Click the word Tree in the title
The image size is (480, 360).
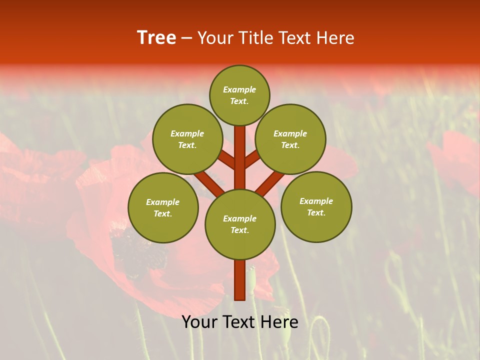pos(156,38)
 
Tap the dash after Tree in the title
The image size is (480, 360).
pos(186,38)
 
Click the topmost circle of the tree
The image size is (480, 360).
pos(239,95)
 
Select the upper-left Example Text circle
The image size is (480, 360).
pos(187,139)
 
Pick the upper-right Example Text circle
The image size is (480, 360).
pos(290,139)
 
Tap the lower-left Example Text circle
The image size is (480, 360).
pos(163,207)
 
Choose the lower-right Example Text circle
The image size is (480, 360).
pos(316,206)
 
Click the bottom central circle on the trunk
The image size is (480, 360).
pos(240,224)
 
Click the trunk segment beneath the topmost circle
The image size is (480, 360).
pos(240,150)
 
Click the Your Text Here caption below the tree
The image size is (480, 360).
pos(240,322)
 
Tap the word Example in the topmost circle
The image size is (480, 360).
pos(239,89)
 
